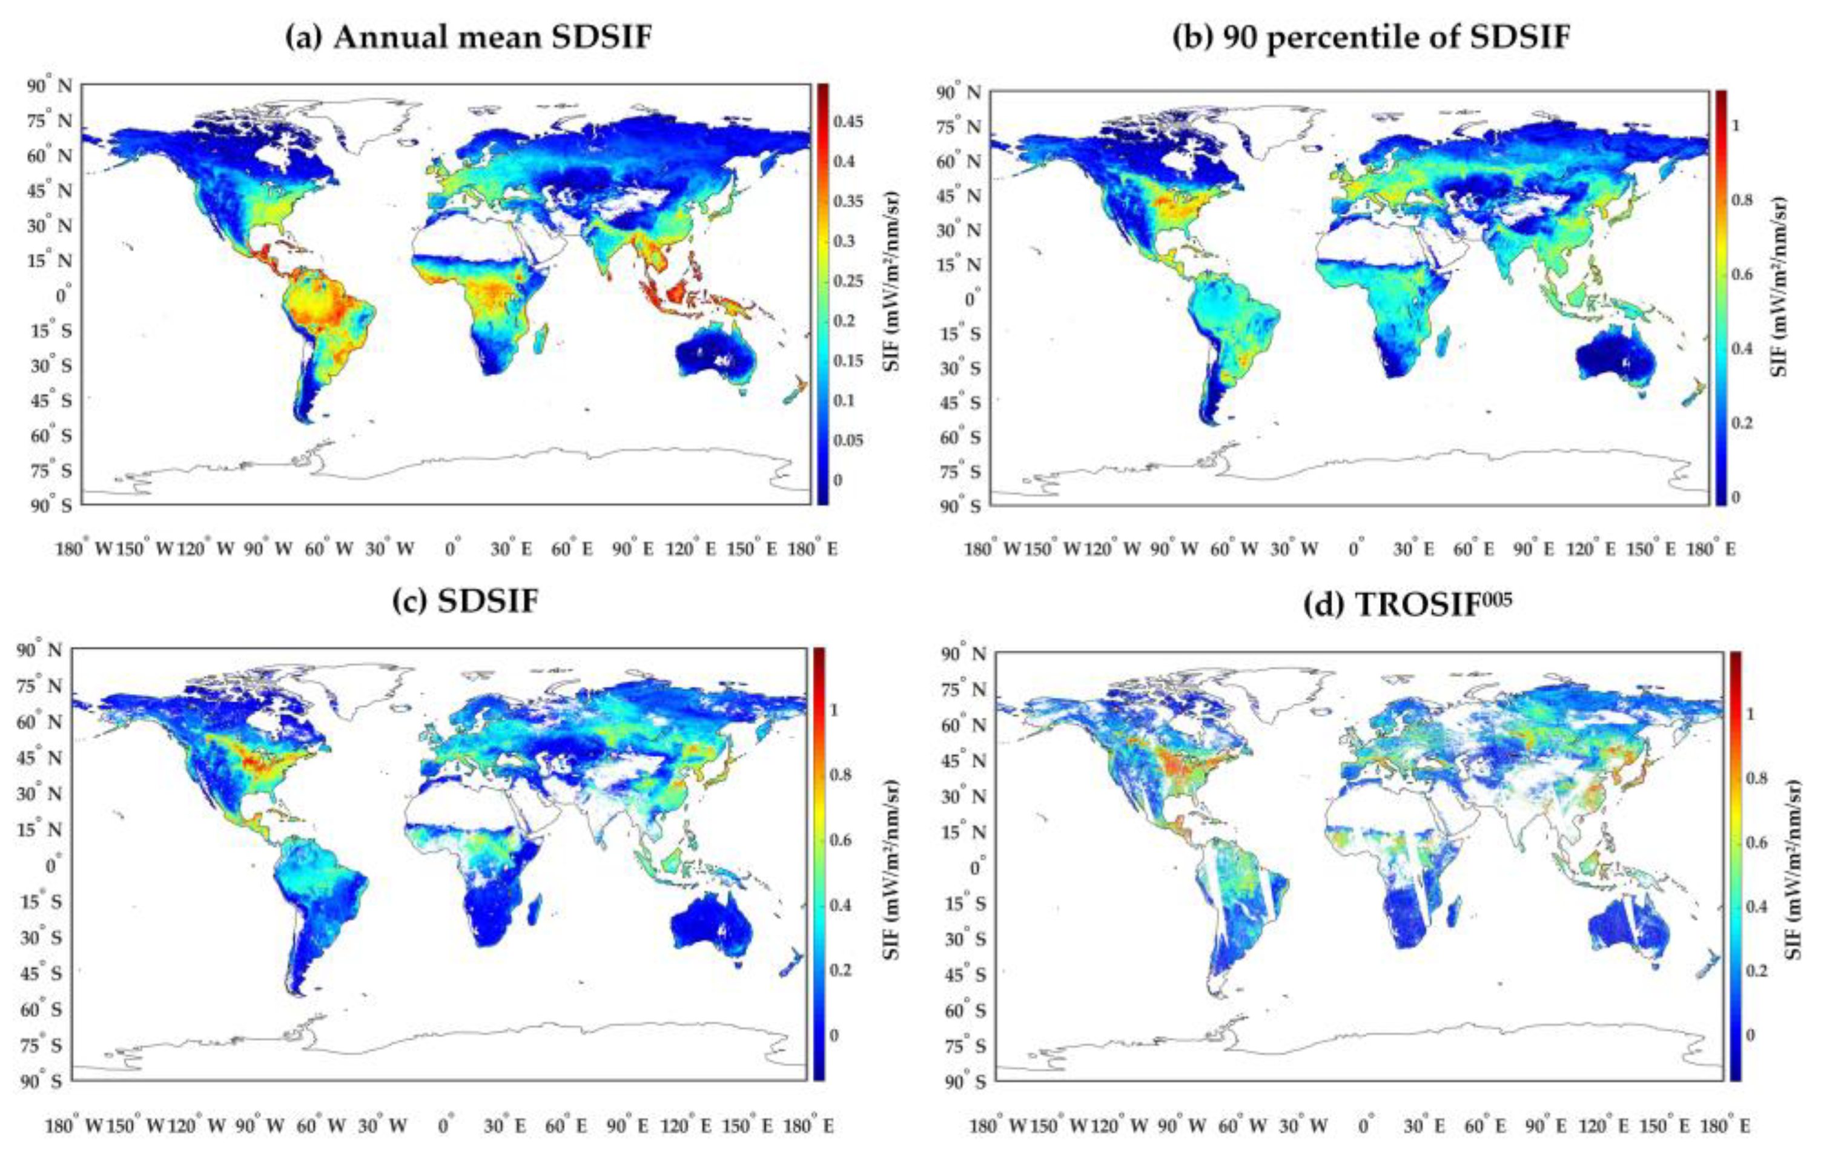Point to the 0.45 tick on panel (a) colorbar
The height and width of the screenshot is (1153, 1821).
click(848, 122)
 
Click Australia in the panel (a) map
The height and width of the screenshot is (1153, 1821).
click(715, 355)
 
